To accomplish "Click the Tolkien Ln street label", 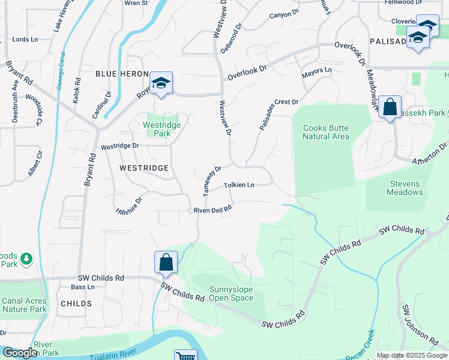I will tap(239, 185).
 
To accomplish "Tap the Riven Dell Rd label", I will tap(212, 210).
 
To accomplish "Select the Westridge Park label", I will tap(157, 129).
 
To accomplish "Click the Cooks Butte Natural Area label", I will tap(326, 132).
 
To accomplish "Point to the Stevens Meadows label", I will tap(406, 188).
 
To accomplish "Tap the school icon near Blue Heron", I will tap(161, 83).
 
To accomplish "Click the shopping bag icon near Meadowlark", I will tap(390, 108).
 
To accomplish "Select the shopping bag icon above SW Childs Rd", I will tap(166, 262).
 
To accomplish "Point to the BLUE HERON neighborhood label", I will tap(122, 73).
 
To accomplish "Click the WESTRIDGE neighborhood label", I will tap(143, 169).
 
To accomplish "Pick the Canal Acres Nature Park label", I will tap(24, 305).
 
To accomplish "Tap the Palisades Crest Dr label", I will tap(279, 114).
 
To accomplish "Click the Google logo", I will tap(19, 353).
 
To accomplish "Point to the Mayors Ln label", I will tap(316, 71).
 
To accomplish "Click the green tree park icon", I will tap(26, 259).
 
